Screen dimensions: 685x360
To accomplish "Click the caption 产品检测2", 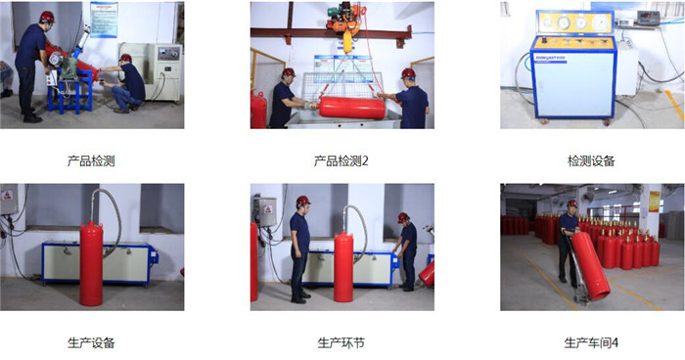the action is pos(341,161).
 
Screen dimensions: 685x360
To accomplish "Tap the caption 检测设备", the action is pos(591,161).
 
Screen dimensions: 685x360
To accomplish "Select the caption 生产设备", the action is pos(91,343).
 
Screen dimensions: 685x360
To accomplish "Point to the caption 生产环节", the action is pos(341,343).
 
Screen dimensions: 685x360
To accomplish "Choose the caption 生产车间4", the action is pos(591,343).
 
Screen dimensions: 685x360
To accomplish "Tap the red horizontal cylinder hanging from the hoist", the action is pos(352,108).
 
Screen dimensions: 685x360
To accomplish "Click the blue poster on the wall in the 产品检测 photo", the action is pos(104,20).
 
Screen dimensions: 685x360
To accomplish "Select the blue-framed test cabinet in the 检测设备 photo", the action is pos(573,66).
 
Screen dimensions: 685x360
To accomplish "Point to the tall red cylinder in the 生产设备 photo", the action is pos(91,264).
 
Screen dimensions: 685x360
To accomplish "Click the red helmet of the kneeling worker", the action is pos(125,58).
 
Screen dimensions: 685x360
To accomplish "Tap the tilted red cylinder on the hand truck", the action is pos(590,265).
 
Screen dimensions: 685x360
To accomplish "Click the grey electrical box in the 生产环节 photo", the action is pos(265,212).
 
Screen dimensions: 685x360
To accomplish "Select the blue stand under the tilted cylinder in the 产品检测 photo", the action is pos(69,90).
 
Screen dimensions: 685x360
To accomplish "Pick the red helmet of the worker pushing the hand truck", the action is pos(571,203).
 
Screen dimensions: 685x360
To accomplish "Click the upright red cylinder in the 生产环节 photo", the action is pos(343,267).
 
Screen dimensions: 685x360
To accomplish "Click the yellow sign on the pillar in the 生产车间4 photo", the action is pos(654,202).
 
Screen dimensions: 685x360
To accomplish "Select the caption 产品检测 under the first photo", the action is pos(91,161).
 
